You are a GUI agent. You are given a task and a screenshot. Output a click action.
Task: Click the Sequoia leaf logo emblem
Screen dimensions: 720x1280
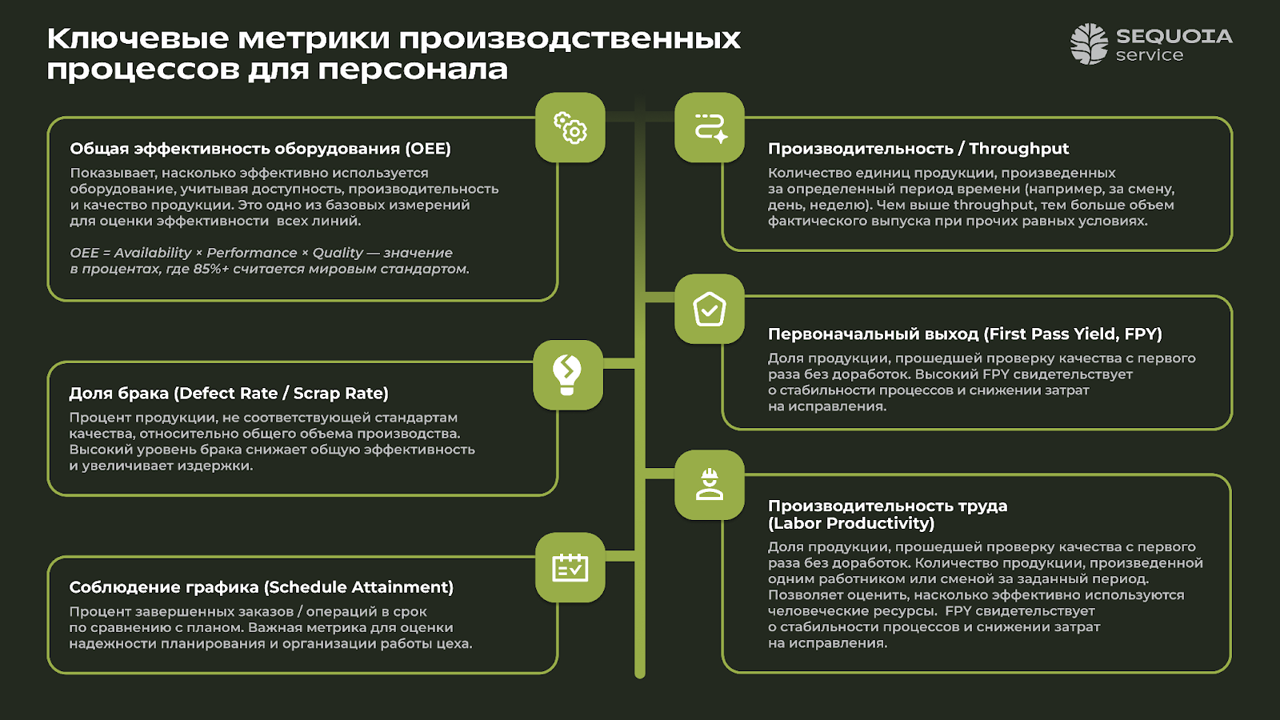coord(1089,43)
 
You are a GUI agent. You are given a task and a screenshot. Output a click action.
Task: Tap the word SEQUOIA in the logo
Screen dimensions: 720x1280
coord(1174,36)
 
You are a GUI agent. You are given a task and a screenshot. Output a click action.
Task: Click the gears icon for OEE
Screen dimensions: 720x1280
coord(570,128)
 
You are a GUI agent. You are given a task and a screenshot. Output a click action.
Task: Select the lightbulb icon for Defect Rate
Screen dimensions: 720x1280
coord(567,374)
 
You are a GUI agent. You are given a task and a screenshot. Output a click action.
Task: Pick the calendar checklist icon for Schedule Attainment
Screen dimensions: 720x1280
coord(570,567)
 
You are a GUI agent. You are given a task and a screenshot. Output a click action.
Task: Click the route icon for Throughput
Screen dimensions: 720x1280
coord(710,128)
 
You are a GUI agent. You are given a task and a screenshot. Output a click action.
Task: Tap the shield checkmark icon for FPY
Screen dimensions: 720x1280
coord(710,310)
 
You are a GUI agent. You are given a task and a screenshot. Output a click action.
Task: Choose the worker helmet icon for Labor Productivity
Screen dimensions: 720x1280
coord(710,485)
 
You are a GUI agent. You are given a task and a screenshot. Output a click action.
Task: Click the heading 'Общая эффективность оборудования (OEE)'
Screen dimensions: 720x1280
coord(260,149)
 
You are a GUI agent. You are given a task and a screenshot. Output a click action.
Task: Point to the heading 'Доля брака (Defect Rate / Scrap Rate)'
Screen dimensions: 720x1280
coord(229,394)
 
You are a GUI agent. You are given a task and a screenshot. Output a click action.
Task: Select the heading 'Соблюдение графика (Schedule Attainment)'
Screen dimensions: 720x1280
coord(261,587)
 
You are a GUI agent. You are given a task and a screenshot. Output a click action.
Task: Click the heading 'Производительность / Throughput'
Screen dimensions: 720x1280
coord(918,149)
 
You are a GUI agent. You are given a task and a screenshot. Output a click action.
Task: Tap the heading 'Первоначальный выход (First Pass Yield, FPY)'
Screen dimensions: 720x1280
coord(965,334)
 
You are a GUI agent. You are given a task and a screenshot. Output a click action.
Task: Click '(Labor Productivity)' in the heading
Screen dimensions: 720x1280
coord(851,523)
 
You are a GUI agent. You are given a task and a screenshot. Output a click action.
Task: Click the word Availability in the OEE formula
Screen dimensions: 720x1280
coord(153,253)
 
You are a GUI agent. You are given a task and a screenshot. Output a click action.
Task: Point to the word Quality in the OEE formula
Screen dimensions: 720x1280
coord(338,253)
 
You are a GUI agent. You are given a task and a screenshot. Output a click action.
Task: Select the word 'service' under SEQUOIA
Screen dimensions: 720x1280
coord(1149,55)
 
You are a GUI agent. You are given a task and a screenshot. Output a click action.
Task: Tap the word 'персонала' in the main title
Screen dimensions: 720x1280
coord(413,70)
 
